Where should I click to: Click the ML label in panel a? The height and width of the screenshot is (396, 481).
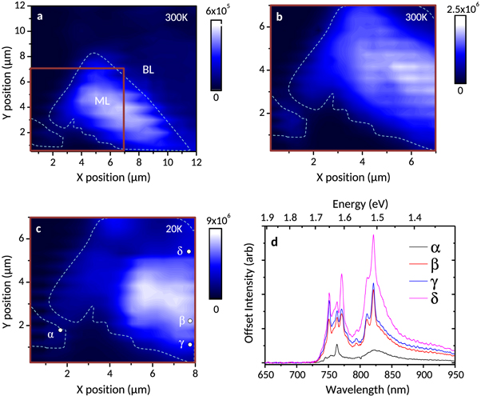click(101, 101)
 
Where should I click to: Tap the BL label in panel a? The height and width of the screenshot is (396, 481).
click(149, 70)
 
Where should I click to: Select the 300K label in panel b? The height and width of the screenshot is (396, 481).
click(415, 17)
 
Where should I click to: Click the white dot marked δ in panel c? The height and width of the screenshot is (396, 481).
click(189, 252)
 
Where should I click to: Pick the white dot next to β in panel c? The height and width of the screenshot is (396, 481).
click(190, 321)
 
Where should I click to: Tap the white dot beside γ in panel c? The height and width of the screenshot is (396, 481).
click(190, 346)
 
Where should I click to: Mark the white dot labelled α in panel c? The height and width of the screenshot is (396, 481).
click(60, 330)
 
